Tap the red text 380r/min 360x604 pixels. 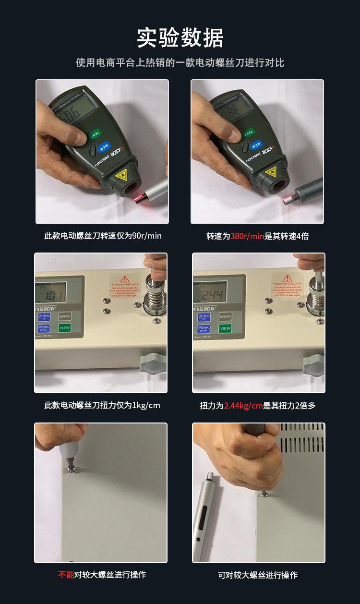[x=247, y=236]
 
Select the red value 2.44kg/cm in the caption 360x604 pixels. [x=243, y=406]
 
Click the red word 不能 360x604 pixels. [x=66, y=575]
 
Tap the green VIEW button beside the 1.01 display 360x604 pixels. [x=64, y=328]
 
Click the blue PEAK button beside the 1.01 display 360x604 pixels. [x=43, y=329]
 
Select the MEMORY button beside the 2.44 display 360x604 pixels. [x=225, y=317]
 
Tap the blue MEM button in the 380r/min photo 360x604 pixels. [x=257, y=145]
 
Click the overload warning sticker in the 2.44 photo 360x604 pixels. [x=287, y=287]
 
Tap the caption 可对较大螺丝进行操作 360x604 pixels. [x=258, y=575]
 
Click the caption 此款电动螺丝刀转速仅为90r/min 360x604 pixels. [x=103, y=236]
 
